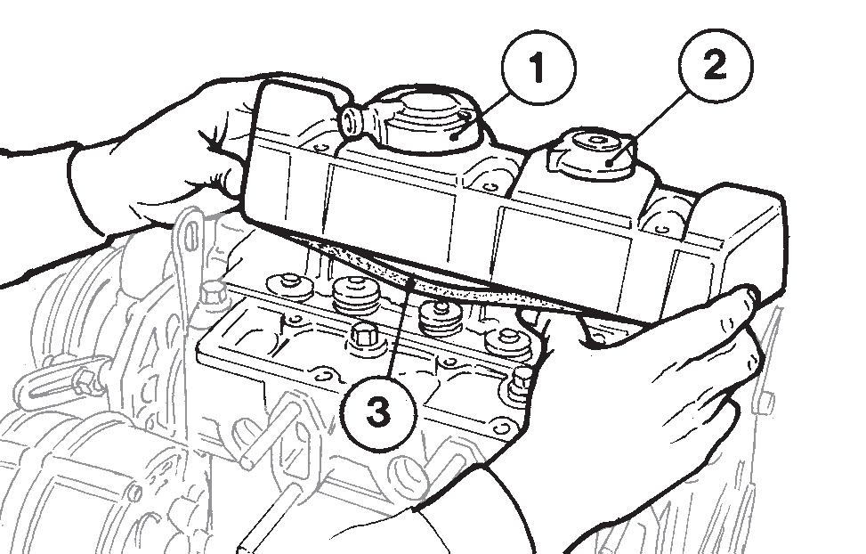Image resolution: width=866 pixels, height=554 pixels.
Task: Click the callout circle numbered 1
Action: pyautogui.click(x=538, y=68)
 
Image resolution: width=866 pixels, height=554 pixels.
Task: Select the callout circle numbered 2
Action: pyautogui.click(x=716, y=65)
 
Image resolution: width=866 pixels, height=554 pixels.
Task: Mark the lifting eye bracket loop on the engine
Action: pyautogui.click(x=191, y=238)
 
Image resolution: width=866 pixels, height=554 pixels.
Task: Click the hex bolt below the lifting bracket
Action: pyautogui.click(x=213, y=293)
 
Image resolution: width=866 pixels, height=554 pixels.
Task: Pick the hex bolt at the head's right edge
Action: pyautogui.click(x=519, y=381)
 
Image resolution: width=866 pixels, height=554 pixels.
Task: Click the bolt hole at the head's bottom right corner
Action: pyautogui.click(x=501, y=428)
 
